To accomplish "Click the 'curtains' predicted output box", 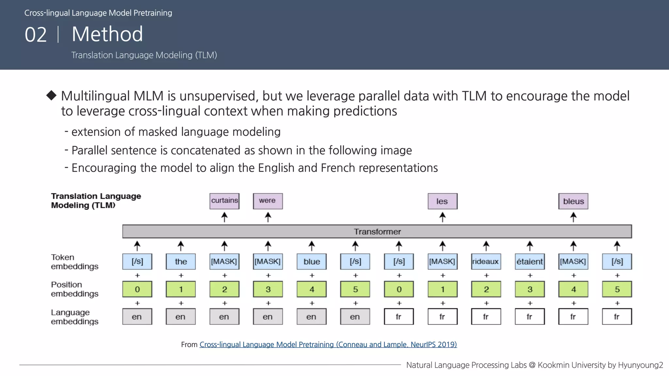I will pos(224,201).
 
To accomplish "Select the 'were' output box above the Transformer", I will pos(268,201).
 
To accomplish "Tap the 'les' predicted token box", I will pos(442,201).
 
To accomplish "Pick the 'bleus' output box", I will pos(573,201).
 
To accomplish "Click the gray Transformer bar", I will pos(377,231).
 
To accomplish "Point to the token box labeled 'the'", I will pos(181,261).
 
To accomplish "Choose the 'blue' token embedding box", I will pos(312,261).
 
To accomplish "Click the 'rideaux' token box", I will pos(486,261).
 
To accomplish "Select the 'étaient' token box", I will pos(530,261).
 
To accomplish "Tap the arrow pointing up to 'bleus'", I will pos(573,217).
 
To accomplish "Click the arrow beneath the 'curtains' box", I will pos(224,217).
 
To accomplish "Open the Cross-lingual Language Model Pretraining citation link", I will pos(328,344).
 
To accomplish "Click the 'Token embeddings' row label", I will pos(74,262).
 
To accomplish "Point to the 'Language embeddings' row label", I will pos(74,317).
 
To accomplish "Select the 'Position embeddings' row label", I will pos(74,289).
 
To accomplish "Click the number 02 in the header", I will pos(36,35).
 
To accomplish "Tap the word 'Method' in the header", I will pos(107,34).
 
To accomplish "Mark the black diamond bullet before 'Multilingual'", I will pos(51,95).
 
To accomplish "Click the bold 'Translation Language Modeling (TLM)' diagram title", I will pos(96,200).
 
